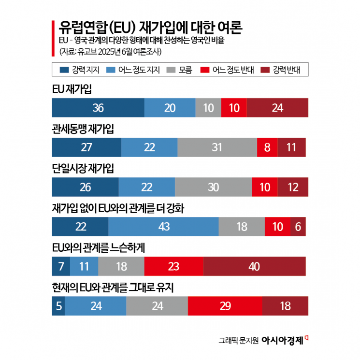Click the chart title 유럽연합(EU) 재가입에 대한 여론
pyautogui.click(x=150, y=27)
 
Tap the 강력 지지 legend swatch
pyautogui.click(x=64, y=70)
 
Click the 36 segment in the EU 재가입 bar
pyautogui.click(x=98, y=108)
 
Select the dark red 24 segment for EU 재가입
pyautogui.click(x=277, y=108)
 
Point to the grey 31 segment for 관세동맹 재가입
pyautogui.click(x=217, y=147)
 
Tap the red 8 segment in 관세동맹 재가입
pyautogui.click(x=267, y=147)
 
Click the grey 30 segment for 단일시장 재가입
pyautogui.click(x=213, y=187)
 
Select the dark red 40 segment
pyautogui.click(x=254, y=266)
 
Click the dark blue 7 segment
pyautogui.click(x=61, y=266)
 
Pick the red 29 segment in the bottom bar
pyautogui.click(x=225, y=306)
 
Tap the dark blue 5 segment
pyautogui.click(x=58, y=306)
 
